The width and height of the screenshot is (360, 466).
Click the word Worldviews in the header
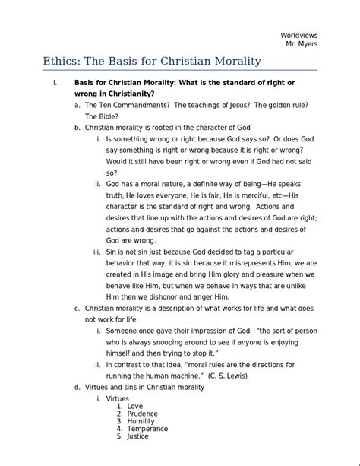[x=298, y=34]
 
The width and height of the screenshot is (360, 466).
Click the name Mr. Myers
[x=302, y=44]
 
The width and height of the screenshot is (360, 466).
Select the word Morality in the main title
[x=232, y=62]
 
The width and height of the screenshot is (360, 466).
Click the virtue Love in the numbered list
[x=135, y=406]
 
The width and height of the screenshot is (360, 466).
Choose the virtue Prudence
[x=143, y=414]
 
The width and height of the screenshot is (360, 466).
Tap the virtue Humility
[x=141, y=421]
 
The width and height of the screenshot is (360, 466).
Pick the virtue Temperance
[x=147, y=429]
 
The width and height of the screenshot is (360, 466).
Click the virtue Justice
[x=138, y=436]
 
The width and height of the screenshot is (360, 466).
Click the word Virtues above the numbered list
[x=118, y=398]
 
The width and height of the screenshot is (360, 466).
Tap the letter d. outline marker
[x=77, y=387]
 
